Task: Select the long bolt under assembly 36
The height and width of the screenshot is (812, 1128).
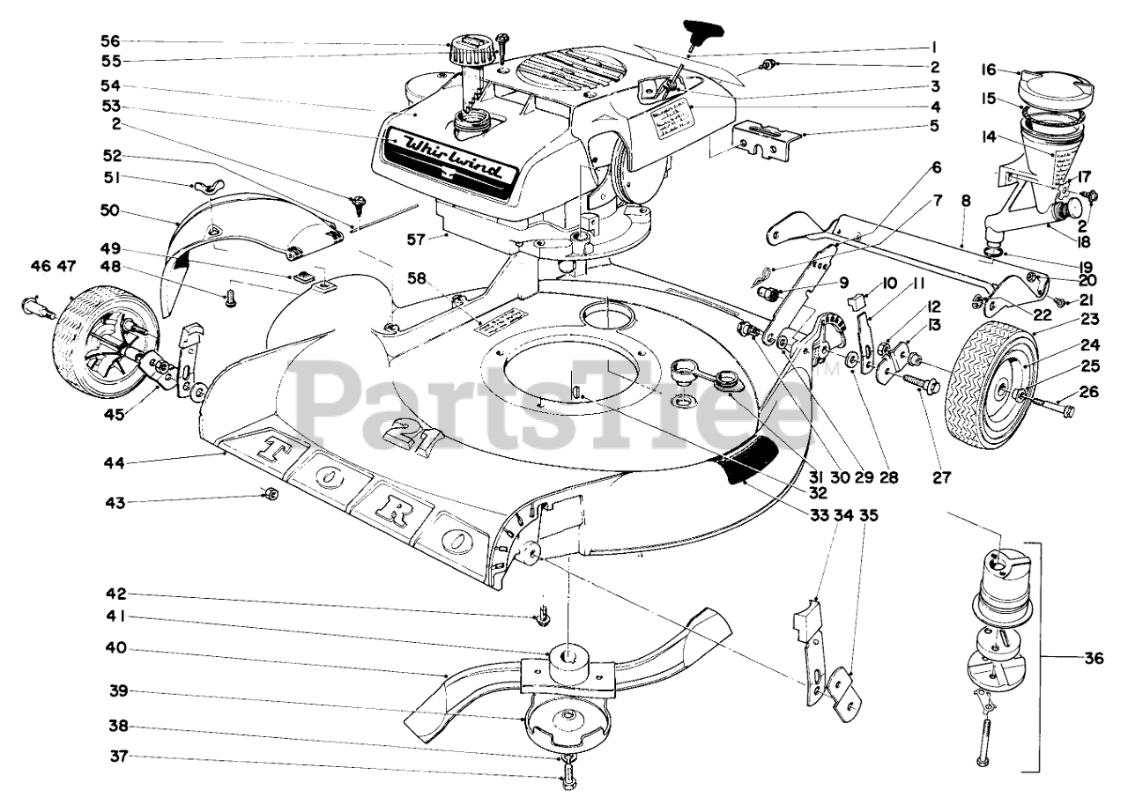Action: point(983,730)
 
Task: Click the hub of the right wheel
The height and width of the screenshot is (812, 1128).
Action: point(1022,394)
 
